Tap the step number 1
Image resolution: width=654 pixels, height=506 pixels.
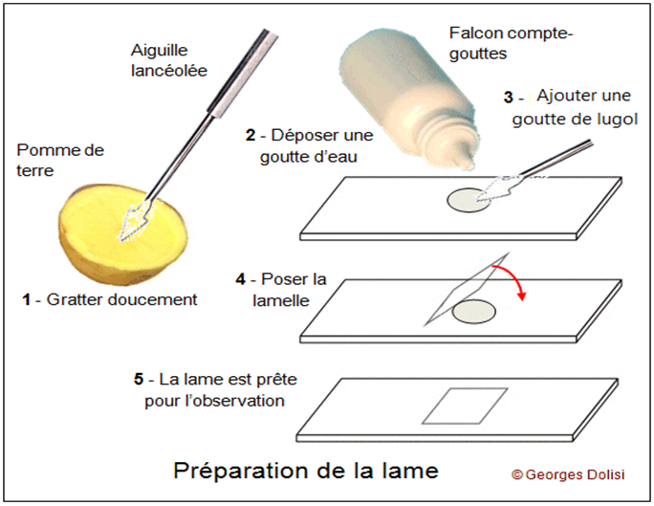pos(27,299)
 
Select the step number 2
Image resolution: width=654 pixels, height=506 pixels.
pos(251,137)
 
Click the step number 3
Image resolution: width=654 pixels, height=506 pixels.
pos(510,98)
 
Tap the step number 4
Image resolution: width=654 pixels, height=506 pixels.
pos(241,279)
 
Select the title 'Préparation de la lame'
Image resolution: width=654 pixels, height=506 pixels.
pos(305,471)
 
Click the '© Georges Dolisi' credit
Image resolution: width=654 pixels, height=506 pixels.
pos(570,473)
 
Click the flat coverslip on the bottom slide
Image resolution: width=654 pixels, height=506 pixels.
pos(467,406)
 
